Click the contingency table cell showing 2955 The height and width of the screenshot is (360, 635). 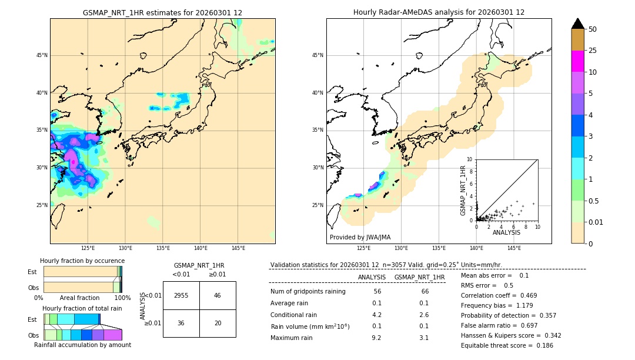point(181,295)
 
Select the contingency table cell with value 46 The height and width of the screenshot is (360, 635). point(218,295)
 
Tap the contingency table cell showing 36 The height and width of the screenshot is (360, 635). point(181,323)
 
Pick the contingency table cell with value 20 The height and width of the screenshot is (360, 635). point(218,323)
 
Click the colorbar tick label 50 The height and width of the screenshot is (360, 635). point(593,29)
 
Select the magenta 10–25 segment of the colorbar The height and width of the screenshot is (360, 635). point(577,61)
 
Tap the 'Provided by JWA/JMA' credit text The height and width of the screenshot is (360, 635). point(360,238)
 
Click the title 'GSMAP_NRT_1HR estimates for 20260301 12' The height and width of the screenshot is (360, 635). point(162,12)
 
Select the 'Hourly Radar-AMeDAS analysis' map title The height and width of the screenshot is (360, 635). point(439,12)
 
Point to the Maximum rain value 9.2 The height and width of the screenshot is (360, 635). point(376,338)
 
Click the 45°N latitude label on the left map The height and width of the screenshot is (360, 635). point(42,55)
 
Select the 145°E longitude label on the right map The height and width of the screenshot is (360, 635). point(514,248)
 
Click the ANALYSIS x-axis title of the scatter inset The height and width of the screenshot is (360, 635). point(506,232)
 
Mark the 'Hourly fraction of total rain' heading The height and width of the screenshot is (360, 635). point(82,308)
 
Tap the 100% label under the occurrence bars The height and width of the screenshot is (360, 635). point(122,298)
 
